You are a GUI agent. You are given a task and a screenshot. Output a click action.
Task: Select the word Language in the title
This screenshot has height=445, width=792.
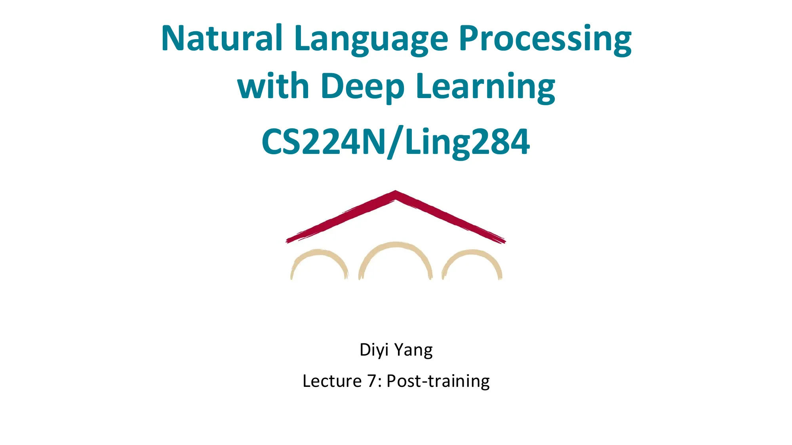coord(371,40)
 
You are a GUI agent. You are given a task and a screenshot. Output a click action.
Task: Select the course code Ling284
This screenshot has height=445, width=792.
coord(467,142)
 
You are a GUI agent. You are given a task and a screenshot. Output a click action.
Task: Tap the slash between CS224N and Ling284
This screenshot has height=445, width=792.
coord(395,142)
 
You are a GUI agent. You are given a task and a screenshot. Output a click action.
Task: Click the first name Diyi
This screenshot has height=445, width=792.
coord(374,350)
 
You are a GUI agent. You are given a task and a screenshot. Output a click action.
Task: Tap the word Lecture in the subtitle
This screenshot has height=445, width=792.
coord(332,381)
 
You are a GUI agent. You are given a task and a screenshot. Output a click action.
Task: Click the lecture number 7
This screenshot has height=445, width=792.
coord(372,381)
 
